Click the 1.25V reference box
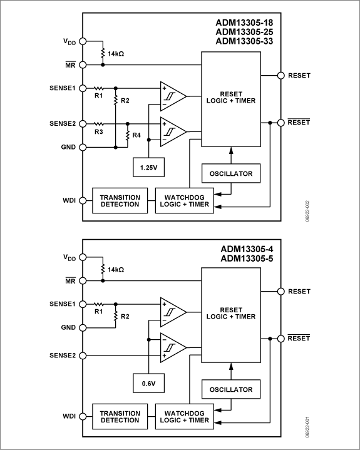(x=148, y=168)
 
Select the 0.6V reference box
(x=148, y=381)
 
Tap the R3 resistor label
(x=98, y=133)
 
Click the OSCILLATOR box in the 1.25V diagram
(x=231, y=173)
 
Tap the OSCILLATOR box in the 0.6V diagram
(x=231, y=389)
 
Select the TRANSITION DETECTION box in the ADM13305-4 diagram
(x=120, y=416)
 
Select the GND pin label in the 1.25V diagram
(x=68, y=148)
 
